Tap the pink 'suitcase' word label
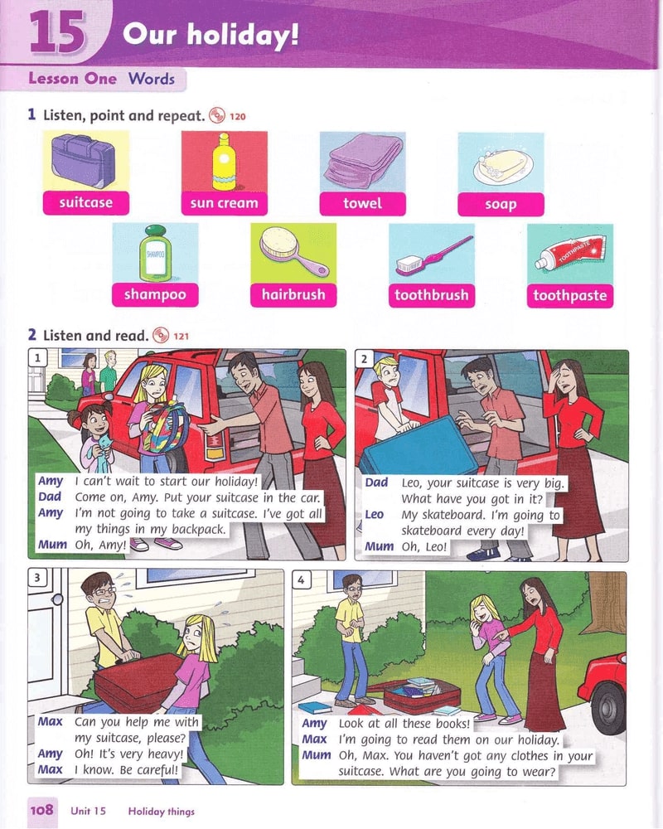(x=85, y=203)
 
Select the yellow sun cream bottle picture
(x=224, y=162)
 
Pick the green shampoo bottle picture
(x=155, y=253)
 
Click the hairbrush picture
(x=293, y=251)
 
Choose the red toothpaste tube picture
(x=570, y=253)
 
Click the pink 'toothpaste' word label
(x=570, y=296)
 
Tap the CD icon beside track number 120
(x=217, y=115)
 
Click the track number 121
(x=181, y=336)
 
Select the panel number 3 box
(x=37, y=577)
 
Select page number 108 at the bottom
(x=41, y=809)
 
